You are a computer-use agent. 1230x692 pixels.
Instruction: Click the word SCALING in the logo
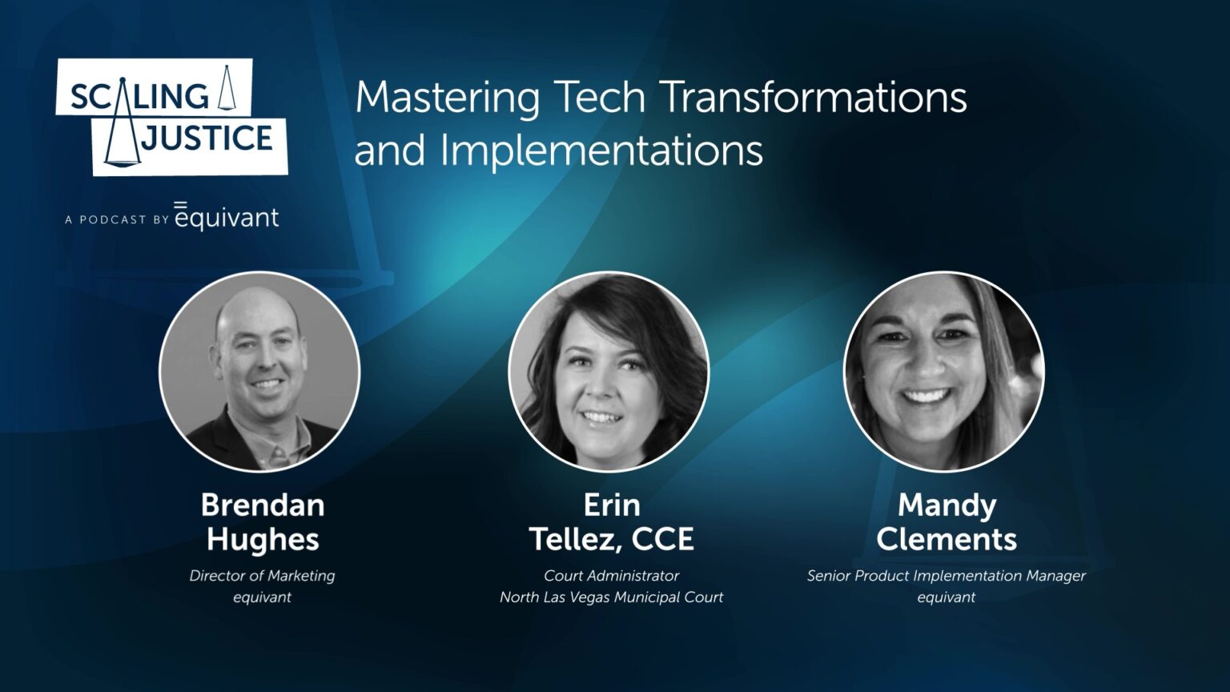(140, 96)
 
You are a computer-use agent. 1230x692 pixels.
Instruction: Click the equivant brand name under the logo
(227, 217)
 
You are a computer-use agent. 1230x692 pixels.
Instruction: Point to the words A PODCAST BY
(117, 219)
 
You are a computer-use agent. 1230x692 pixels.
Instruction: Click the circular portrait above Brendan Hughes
(259, 372)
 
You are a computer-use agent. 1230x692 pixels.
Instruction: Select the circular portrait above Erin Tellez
(609, 372)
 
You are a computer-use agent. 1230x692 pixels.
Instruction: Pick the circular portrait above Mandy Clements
(944, 372)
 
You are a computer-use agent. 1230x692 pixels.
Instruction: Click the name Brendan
(263, 505)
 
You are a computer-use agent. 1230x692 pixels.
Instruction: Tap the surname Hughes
(263, 540)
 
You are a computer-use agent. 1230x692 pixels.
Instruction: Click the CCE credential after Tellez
(662, 540)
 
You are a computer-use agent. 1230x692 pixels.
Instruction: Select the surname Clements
(946, 540)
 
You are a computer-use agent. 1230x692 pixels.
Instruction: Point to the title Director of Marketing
(263, 576)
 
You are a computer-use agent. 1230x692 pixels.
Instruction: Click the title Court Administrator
(611, 576)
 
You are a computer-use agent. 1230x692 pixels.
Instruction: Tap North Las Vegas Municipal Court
(611, 597)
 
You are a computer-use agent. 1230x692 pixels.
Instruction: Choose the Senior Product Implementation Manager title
(946, 576)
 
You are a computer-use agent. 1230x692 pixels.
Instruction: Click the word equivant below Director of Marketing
(263, 597)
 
